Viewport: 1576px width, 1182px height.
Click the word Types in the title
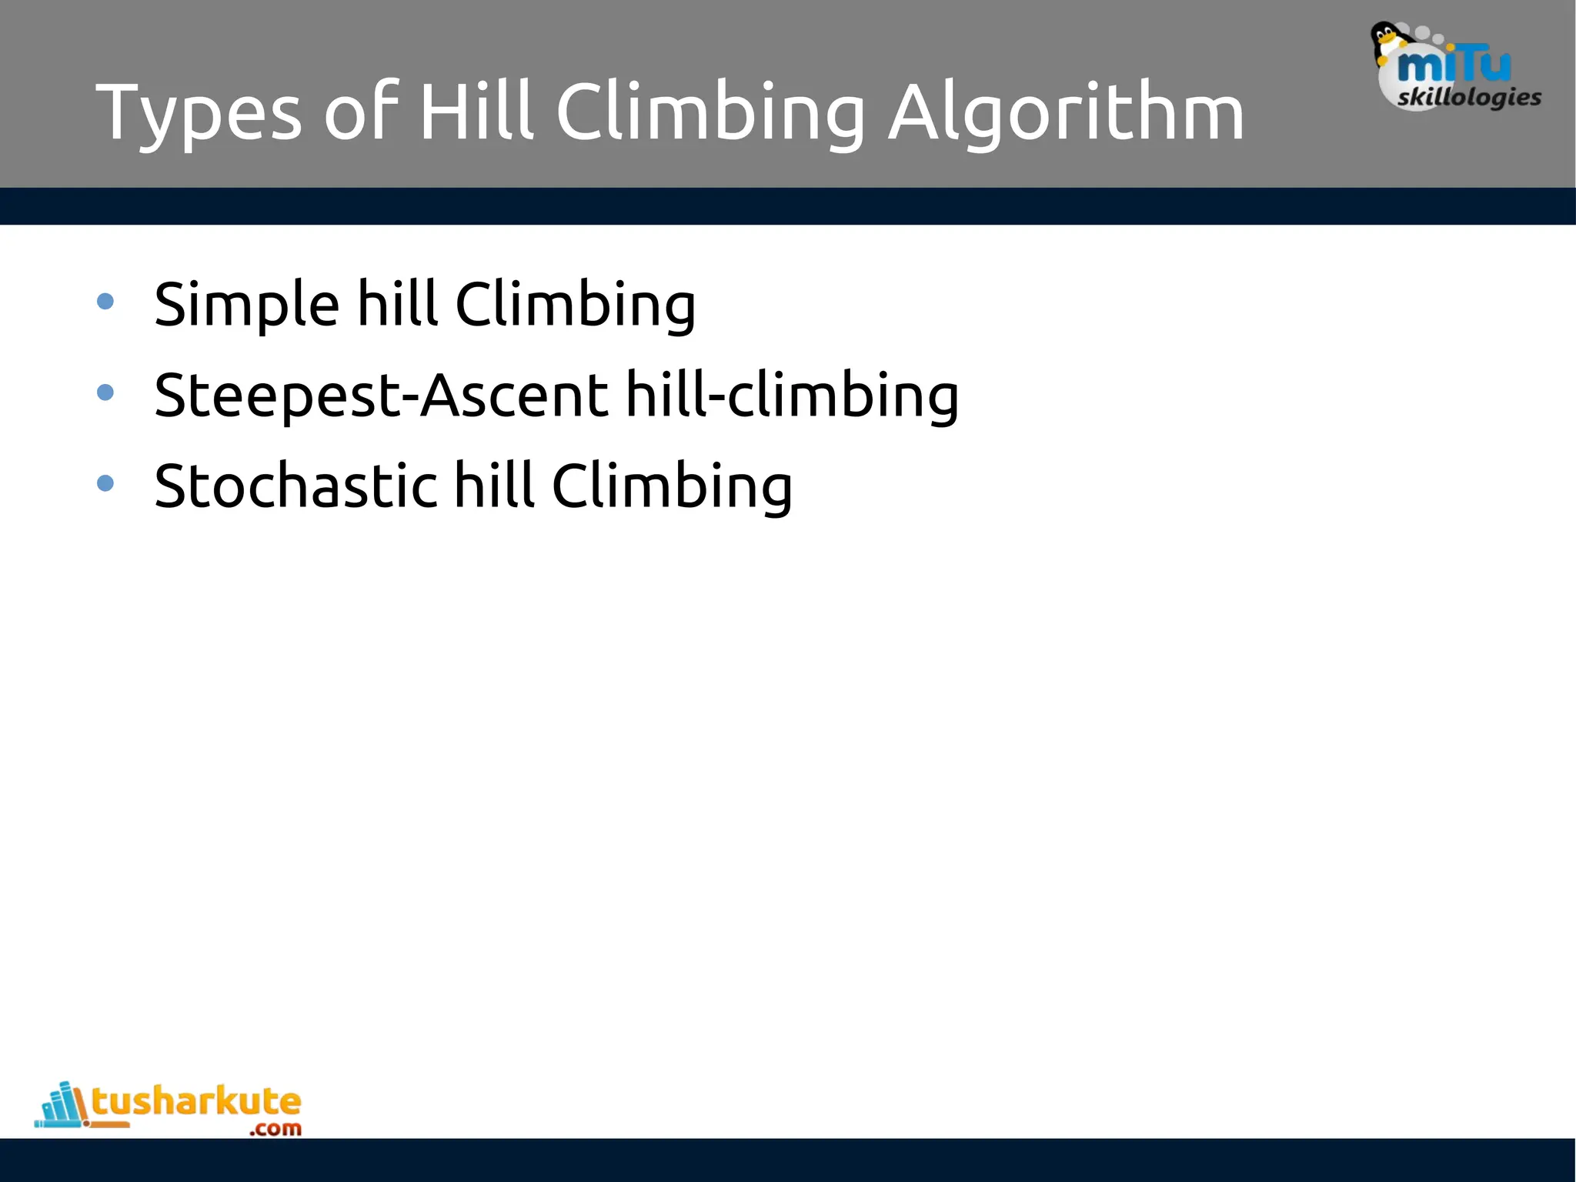click(x=199, y=114)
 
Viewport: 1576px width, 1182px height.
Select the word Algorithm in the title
click(x=1066, y=114)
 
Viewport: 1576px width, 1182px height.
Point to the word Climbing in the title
click(x=710, y=114)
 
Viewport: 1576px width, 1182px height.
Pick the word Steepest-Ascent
click(x=382, y=396)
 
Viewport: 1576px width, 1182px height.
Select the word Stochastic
click(x=295, y=486)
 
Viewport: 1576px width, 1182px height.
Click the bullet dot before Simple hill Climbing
click(x=105, y=302)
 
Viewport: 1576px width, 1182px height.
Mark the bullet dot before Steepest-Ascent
click(x=105, y=392)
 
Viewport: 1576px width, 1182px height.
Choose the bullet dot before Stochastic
click(x=105, y=483)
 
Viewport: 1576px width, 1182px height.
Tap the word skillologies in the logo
click(x=1469, y=98)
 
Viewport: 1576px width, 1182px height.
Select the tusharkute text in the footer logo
click(x=196, y=1102)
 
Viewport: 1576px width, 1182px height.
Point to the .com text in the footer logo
click(x=275, y=1129)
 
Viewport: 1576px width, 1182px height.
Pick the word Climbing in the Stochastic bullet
click(x=672, y=486)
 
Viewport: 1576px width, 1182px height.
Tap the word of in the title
click(x=361, y=114)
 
